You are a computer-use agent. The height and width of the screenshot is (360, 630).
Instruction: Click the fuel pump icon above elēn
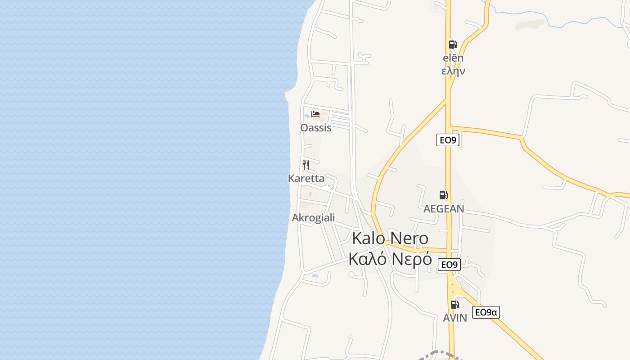453,45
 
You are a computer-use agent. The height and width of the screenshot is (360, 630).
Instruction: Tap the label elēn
453,58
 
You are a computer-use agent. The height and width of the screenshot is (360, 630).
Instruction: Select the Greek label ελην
453,71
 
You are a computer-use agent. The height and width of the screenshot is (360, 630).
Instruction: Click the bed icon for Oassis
315,114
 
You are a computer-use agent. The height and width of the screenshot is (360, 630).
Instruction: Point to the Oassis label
316,128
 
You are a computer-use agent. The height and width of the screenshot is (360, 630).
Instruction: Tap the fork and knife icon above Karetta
306,165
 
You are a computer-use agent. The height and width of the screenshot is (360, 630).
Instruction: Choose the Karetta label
306,178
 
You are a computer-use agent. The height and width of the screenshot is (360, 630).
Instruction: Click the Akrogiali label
313,218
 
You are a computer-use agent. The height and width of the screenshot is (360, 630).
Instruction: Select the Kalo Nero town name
390,238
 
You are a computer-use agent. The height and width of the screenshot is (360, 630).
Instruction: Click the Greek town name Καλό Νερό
390,259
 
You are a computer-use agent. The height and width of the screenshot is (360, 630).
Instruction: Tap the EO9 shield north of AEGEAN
448,140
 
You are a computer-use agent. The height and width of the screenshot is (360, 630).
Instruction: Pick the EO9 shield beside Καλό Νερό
449,265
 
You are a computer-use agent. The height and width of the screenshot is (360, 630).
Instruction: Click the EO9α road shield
486,312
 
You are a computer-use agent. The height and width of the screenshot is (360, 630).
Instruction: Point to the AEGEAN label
444,209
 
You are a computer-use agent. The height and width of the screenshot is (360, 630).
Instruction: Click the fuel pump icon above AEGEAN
444,195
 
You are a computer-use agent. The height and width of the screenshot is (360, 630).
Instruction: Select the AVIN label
455,318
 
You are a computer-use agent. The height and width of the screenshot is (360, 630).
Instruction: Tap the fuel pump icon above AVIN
455,305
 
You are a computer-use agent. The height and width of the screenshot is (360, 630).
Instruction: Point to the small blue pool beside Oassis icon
306,116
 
